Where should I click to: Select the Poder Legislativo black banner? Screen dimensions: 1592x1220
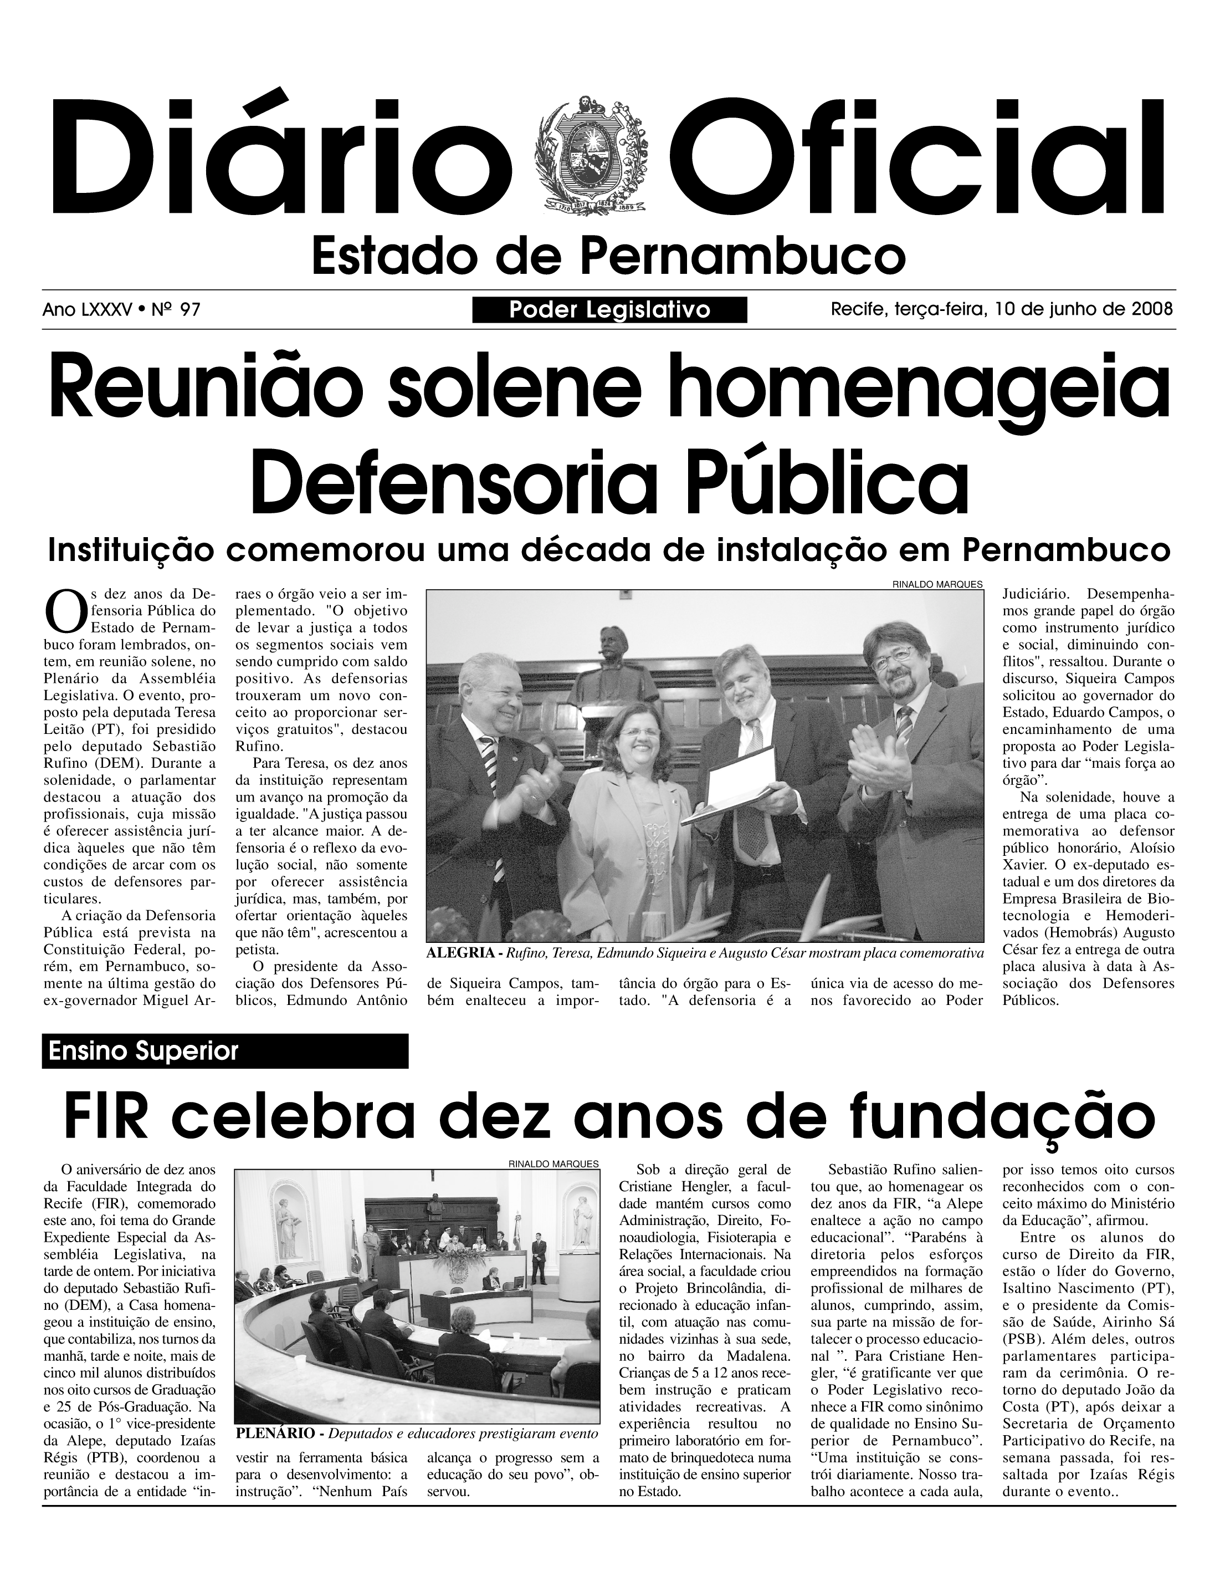[609, 310]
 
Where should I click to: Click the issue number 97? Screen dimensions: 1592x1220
[190, 310]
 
